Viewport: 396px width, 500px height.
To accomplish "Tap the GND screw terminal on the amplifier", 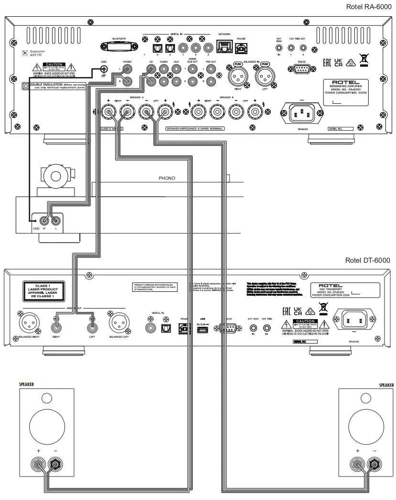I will tap(103, 69).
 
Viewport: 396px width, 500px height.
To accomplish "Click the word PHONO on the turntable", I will tap(167, 178).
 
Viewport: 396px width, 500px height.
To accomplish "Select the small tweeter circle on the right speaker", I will tap(366, 398).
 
